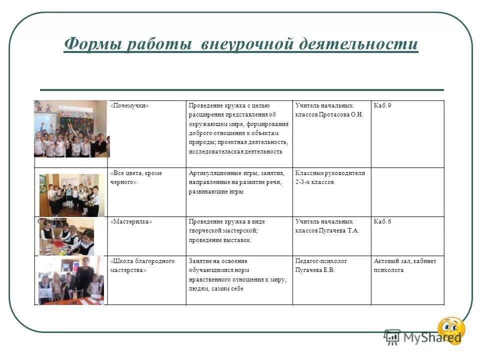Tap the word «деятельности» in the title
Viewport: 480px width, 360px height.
[x=358, y=44]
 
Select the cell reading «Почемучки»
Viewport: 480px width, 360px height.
[x=130, y=105]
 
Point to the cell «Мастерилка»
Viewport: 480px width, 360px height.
[x=131, y=221]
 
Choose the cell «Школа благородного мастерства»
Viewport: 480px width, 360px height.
[x=142, y=265]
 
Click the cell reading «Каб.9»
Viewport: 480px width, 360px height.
[x=382, y=105]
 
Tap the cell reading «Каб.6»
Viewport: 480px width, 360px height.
[x=382, y=221]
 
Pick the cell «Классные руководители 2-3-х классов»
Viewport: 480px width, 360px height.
[x=330, y=177]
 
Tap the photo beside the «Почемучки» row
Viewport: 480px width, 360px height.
[x=70, y=128]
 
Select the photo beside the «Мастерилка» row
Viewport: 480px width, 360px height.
[x=66, y=236]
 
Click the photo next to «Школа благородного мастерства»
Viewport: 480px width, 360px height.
[x=70, y=280]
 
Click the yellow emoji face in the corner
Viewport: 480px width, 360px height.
[x=451, y=330]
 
